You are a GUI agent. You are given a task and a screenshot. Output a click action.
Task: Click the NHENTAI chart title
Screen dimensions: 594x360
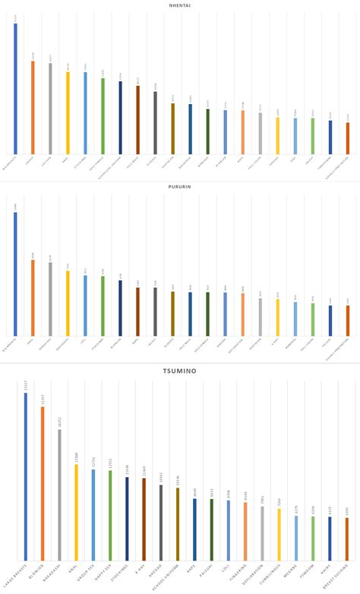[x=180, y=5]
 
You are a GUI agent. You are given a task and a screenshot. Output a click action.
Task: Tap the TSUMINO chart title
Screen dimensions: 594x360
[x=180, y=370]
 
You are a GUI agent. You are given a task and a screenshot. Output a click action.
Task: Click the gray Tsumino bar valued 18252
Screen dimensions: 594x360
[x=59, y=494]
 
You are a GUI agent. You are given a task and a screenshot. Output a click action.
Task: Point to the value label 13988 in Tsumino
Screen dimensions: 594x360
[x=77, y=456]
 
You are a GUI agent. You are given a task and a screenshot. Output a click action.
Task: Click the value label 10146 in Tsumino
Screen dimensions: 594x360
[x=178, y=480]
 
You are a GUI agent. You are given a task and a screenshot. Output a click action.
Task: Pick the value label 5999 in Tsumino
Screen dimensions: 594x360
[x=347, y=511]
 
